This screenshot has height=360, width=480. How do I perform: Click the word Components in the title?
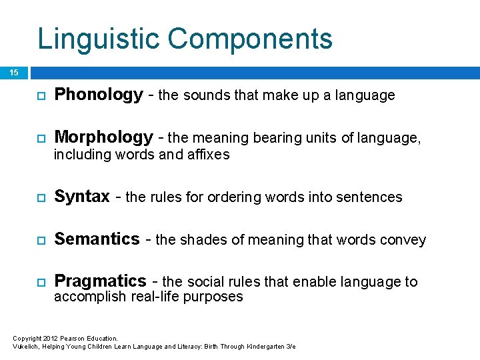tap(250, 39)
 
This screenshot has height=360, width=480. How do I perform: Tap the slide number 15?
tap(14, 73)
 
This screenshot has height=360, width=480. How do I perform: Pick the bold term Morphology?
tap(103, 137)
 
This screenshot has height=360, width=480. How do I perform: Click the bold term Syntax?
tap(82, 197)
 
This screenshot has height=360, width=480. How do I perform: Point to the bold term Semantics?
tap(97, 239)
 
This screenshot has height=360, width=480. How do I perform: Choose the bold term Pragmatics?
tap(100, 281)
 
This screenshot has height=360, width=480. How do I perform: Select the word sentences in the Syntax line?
tap(370, 197)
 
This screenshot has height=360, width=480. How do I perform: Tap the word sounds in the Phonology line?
tap(204, 96)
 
